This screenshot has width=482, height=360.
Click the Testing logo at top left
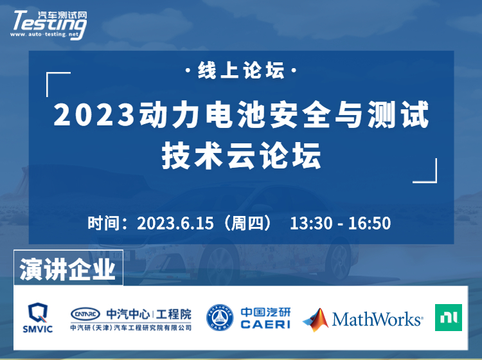tap(49, 24)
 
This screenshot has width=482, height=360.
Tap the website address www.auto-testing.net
tap(44, 35)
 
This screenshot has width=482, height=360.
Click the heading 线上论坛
tap(241, 71)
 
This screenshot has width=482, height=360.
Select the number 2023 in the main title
tap(94, 114)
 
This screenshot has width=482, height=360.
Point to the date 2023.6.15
tap(175, 223)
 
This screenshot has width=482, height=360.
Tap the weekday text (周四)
tap(247, 223)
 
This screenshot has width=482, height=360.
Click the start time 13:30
tap(311, 223)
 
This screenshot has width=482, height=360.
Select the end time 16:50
tap(369, 223)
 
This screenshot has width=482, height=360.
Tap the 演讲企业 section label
tap(67, 269)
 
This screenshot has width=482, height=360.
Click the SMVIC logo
tap(37, 318)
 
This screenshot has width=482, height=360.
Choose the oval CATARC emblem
tap(85, 314)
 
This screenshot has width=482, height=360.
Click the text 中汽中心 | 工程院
tap(149, 314)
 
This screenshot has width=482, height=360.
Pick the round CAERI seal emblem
tap(220, 318)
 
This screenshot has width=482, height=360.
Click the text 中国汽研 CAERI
tap(265, 318)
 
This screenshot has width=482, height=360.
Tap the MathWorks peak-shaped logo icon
tap(316, 319)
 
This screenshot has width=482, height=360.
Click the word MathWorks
tap(377, 319)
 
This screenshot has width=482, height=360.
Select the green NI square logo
tap(449, 318)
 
